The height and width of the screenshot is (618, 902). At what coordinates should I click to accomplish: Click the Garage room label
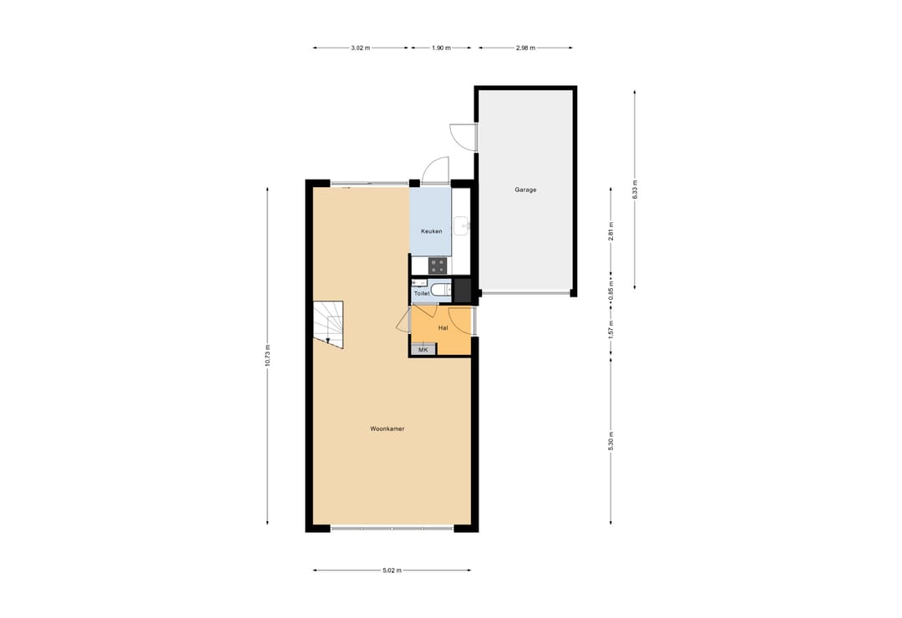(525, 190)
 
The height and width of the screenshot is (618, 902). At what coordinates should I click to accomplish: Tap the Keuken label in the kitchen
(431, 231)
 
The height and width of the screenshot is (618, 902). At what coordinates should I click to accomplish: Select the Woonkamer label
(388, 429)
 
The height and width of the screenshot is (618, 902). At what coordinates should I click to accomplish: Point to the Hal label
(443, 328)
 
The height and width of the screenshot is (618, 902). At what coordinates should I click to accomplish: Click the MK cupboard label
(423, 350)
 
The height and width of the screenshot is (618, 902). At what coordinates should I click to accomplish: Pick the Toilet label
(422, 294)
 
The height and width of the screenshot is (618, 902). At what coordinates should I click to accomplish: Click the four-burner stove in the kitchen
(438, 266)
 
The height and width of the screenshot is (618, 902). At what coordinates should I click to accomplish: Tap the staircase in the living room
(328, 323)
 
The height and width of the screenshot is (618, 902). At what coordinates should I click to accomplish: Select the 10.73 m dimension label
(267, 356)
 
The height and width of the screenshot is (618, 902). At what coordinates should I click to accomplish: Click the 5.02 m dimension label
(392, 570)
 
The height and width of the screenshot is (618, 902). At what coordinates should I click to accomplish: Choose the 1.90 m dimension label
(440, 48)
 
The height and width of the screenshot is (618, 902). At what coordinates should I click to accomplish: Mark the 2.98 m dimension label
(525, 48)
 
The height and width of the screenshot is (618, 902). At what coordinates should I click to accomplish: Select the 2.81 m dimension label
(611, 230)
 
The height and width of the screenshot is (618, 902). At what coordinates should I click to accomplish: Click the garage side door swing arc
(462, 138)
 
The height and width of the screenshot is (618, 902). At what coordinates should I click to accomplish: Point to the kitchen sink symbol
(461, 224)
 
